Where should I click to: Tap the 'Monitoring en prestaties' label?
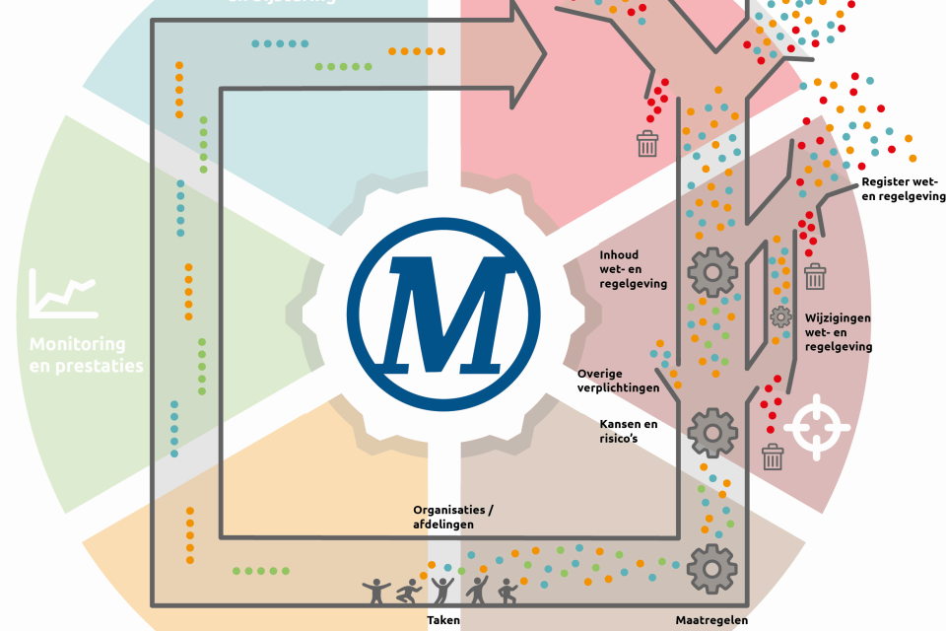click(x=86, y=355)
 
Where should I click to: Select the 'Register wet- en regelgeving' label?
click(x=903, y=189)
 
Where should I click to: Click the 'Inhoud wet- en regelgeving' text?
click(x=633, y=269)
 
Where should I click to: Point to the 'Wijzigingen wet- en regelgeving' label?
click(x=838, y=332)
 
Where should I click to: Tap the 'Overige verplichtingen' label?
click(x=618, y=381)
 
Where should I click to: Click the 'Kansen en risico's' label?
click(x=629, y=430)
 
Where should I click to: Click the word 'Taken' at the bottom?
click(x=443, y=620)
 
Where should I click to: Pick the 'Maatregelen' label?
click(x=711, y=620)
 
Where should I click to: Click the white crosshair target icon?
click(x=816, y=426)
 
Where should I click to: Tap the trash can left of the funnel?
click(x=647, y=144)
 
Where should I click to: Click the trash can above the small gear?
click(x=814, y=276)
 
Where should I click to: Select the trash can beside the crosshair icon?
click(x=773, y=456)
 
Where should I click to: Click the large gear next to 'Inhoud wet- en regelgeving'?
click(x=711, y=272)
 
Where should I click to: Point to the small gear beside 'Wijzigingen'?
click(x=780, y=316)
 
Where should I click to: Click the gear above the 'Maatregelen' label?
click(x=711, y=568)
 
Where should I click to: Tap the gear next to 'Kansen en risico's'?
click(x=711, y=432)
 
